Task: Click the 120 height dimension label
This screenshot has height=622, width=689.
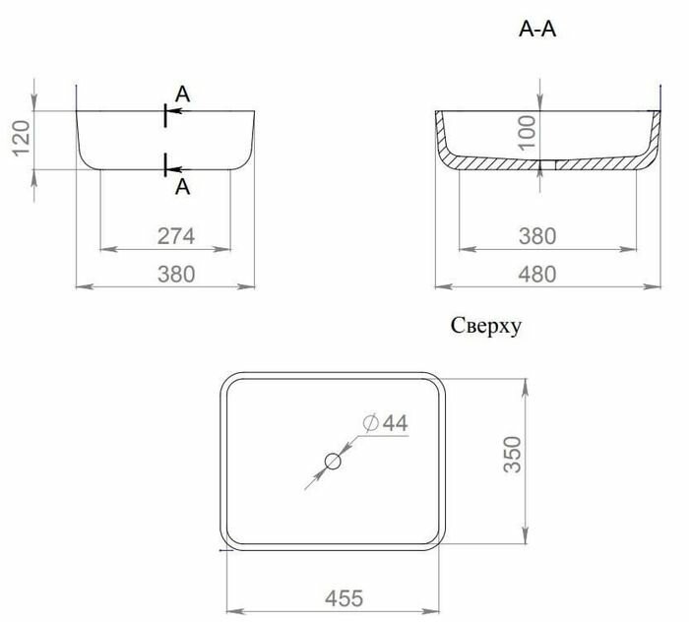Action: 21,138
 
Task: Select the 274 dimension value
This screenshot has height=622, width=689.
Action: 176,236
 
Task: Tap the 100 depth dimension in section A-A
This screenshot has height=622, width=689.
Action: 528,133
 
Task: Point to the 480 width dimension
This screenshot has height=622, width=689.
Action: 537,275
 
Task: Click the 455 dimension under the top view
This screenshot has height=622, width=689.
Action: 344,598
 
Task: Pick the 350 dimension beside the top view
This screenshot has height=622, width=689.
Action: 513,455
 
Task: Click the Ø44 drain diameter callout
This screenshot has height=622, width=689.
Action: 386,423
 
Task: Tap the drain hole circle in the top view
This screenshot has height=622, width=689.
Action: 333,462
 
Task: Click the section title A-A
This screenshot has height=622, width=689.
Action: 537,30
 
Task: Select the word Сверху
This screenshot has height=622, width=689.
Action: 486,327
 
